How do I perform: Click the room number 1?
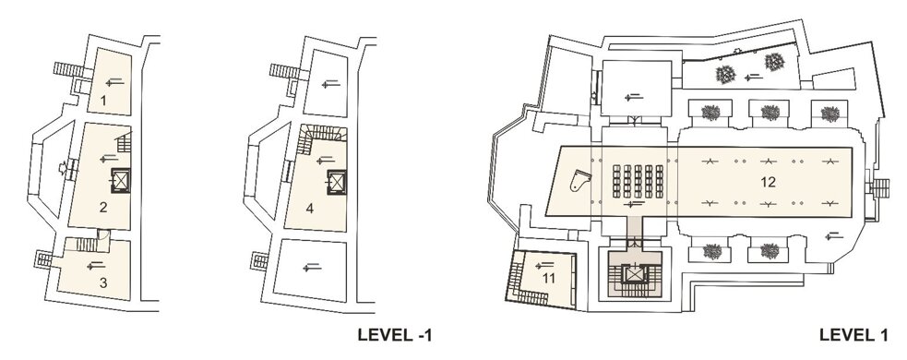(103, 101)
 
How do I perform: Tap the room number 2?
(103, 207)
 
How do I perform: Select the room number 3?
(103, 283)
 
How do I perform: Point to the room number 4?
(309, 208)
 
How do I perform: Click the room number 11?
(548, 279)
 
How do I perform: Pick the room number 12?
(768, 183)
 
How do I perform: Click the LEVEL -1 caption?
(395, 335)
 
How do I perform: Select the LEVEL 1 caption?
(853, 335)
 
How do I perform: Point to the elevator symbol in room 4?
(337, 182)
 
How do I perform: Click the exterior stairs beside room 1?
(69, 69)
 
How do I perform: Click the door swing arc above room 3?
(104, 235)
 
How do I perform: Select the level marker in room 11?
(544, 265)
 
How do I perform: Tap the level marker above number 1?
(115, 83)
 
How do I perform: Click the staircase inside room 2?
(125, 142)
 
